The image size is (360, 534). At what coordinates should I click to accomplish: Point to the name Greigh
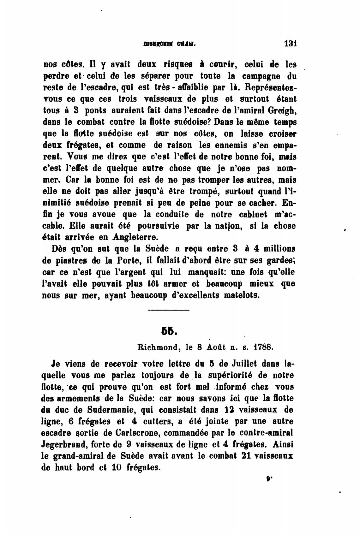(281, 110)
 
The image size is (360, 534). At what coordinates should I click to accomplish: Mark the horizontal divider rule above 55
(169, 311)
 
